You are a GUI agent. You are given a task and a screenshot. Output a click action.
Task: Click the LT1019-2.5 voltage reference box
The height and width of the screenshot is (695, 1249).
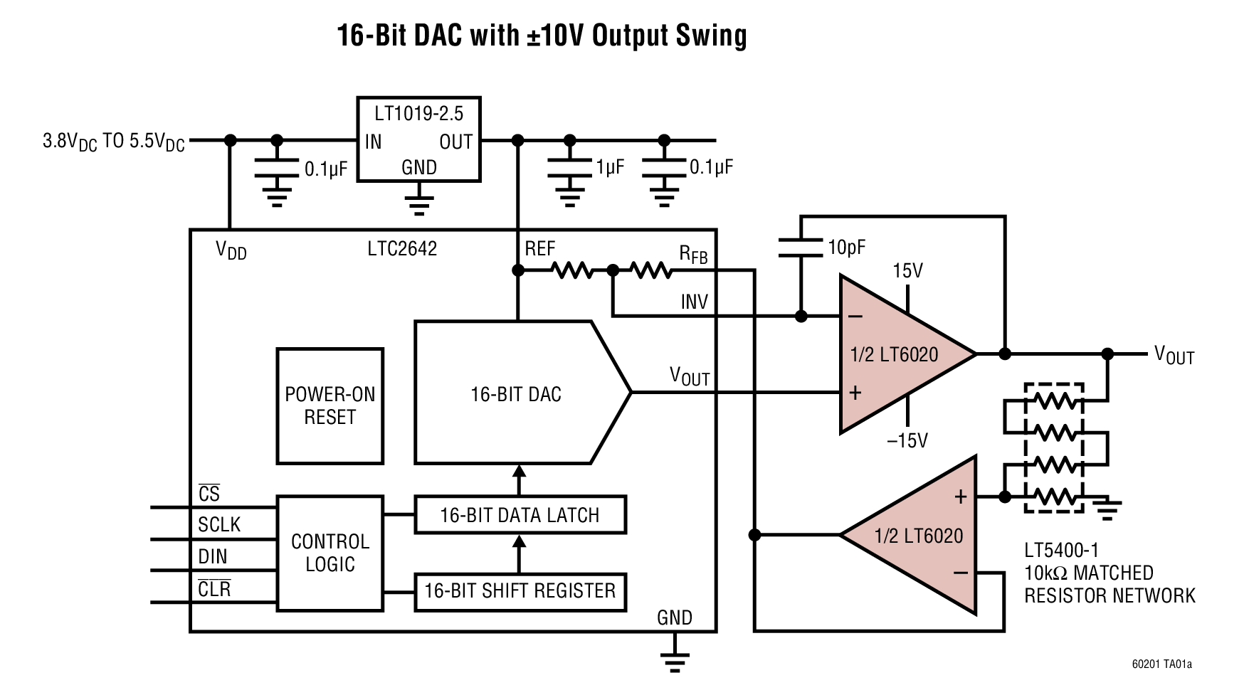click(x=418, y=139)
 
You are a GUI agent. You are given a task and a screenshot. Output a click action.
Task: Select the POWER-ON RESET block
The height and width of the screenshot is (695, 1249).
click(x=330, y=405)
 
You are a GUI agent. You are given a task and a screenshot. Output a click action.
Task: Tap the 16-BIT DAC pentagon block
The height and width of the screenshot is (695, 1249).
click(x=515, y=393)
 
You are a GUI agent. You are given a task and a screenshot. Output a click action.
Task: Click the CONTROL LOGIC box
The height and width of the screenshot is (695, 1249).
click(x=330, y=552)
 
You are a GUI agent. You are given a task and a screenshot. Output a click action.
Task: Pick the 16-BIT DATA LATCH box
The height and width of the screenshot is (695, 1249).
click(x=520, y=515)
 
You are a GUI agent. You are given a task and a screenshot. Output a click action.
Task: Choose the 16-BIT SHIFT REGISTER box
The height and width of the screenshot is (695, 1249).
click(x=520, y=591)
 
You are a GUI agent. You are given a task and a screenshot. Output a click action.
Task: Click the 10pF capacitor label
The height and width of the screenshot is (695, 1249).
click(x=846, y=248)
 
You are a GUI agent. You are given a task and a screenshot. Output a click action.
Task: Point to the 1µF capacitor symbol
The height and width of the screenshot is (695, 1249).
click(x=569, y=168)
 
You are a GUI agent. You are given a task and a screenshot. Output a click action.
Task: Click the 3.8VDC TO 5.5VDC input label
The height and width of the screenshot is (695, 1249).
click(x=113, y=142)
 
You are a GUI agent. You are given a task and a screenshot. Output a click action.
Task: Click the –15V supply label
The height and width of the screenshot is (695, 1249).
click(x=907, y=440)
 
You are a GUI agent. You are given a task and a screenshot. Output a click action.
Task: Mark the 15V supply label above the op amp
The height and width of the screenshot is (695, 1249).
click(x=907, y=271)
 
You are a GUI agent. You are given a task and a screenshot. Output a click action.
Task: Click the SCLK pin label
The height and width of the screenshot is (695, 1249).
click(x=219, y=525)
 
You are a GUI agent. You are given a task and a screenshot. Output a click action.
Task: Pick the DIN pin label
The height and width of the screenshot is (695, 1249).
click(x=212, y=557)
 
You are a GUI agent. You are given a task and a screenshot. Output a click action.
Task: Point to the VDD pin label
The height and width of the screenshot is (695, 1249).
click(x=231, y=250)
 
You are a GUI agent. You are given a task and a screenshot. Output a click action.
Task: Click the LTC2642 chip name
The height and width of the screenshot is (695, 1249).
click(x=402, y=249)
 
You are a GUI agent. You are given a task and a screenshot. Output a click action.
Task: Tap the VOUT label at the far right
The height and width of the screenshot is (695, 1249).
click(x=1174, y=354)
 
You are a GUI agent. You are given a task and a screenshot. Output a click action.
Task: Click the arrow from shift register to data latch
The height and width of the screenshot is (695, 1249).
click(x=519, y=553)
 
